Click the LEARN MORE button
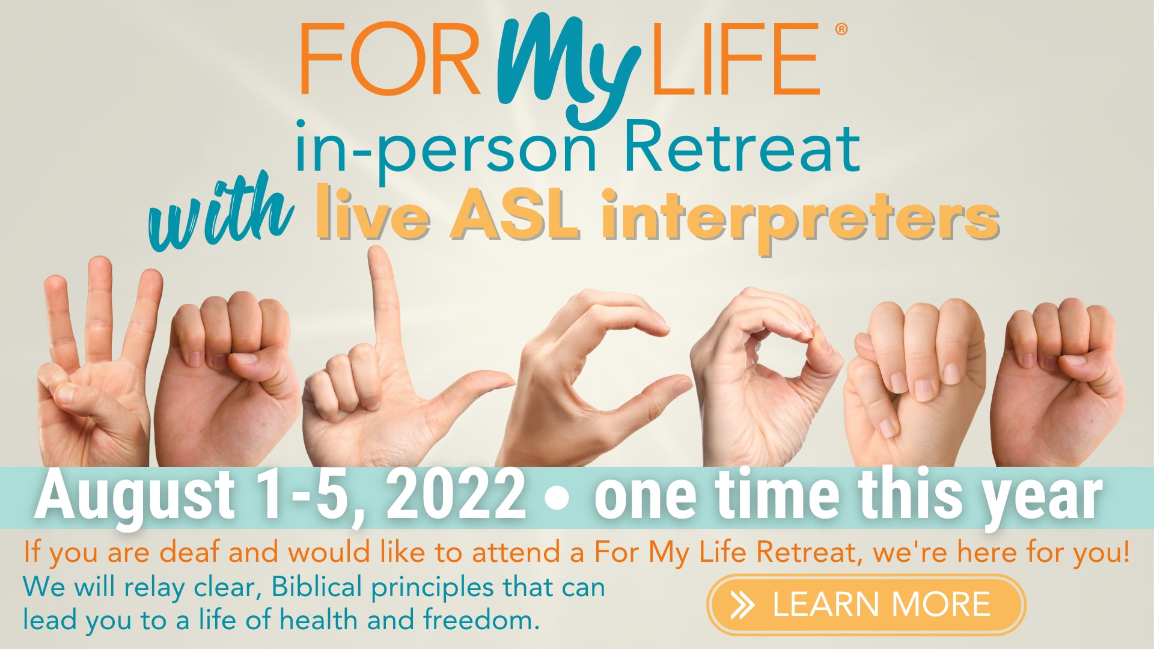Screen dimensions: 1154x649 point(866,605)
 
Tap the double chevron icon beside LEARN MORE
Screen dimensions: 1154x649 point(743,605)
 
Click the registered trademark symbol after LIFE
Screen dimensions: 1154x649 point(841,28)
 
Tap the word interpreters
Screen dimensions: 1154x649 point(800,219)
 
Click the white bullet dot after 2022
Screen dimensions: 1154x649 point(558,499)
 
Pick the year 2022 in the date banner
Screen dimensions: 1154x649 point(456,495)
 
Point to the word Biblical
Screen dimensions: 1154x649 point(316,587)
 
